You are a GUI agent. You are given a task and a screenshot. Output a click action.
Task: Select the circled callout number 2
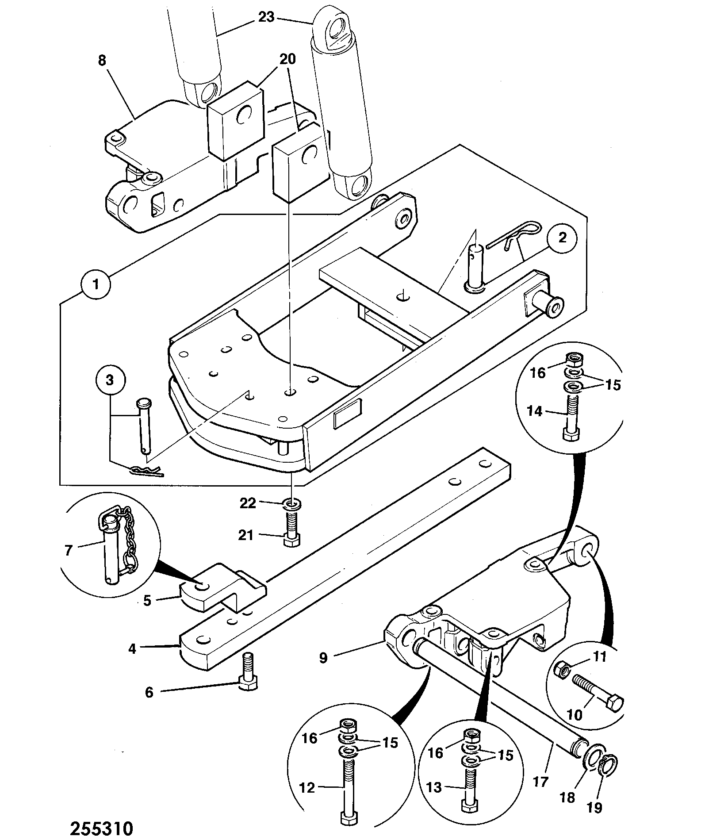(562, 238)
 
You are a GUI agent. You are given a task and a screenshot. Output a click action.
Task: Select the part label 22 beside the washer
(248, 503)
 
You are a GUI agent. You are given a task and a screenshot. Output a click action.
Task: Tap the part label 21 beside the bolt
(246, 535)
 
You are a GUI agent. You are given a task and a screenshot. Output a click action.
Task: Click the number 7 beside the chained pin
(69, 550)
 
